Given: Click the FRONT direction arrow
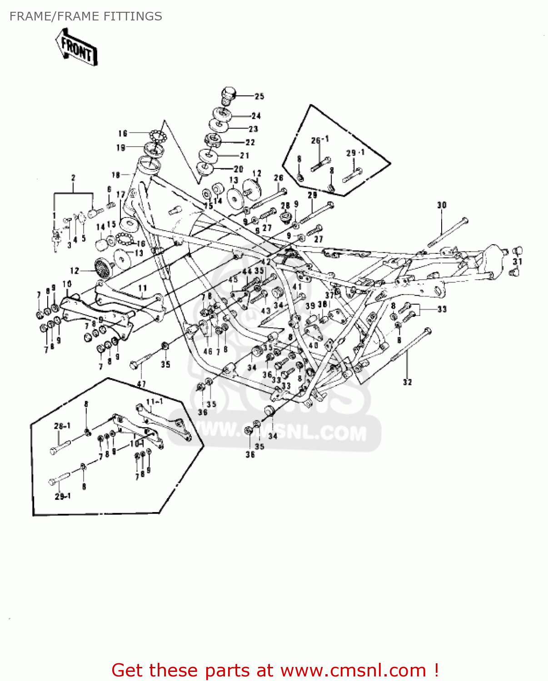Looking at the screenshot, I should [76, 48].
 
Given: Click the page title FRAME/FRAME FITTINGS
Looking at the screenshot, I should [85, 16].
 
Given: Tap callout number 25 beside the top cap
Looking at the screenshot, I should [259, 96].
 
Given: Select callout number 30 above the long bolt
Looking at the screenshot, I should [442, 205].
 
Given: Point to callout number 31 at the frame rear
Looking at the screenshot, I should [518, 262].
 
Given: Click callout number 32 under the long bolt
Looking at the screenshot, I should [407, 382].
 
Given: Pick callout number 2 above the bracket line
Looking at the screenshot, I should [73, 178].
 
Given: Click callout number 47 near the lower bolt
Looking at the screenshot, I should [141, 384].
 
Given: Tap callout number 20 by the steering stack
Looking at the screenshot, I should [239, 169].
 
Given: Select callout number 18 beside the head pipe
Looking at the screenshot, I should [116, 175].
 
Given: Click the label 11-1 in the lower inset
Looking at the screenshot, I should [154, 402].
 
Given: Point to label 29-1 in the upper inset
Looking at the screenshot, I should [355, 153].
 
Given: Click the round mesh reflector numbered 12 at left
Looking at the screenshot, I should [102, 266].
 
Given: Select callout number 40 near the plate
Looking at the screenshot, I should [313, 345].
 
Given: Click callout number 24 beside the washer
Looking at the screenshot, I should [256, 116].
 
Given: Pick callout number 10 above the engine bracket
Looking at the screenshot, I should [67, 284].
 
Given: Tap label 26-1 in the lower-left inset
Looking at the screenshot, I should [62, 426].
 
